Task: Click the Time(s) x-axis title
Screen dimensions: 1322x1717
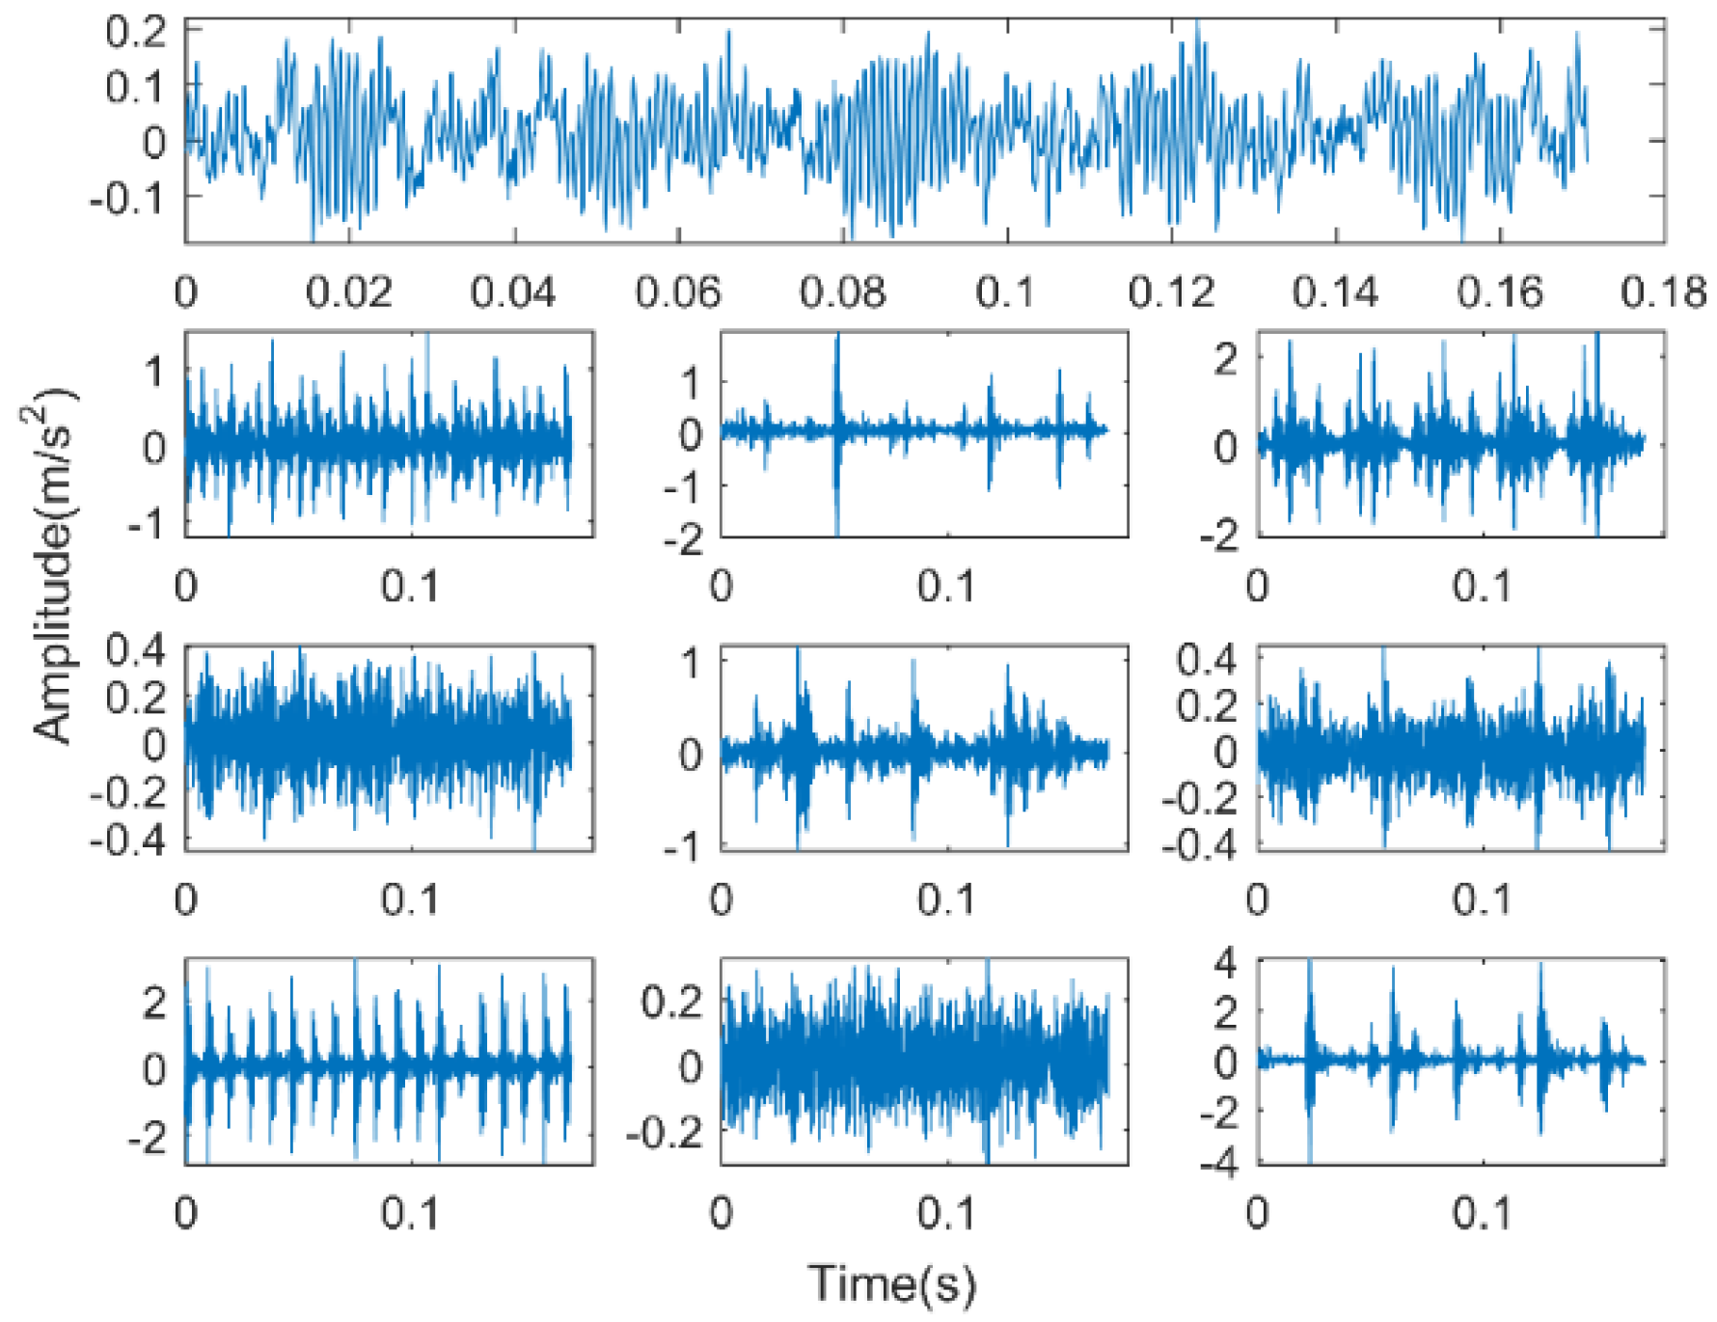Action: pos(891,1284)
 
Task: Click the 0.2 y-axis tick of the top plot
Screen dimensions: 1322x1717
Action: pos(135,32)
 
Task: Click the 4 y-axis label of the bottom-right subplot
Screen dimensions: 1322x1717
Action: pos(1225,962)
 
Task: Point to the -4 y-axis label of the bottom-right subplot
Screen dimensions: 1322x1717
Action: pos(1217,1164)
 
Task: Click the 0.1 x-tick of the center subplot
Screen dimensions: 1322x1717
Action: pos(945,899)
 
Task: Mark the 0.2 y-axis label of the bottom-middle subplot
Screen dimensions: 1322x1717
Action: pos(672,1004)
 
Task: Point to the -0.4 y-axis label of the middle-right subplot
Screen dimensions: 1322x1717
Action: pos(1199,844)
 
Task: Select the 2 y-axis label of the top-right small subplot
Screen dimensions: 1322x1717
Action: pos(1225,361)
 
